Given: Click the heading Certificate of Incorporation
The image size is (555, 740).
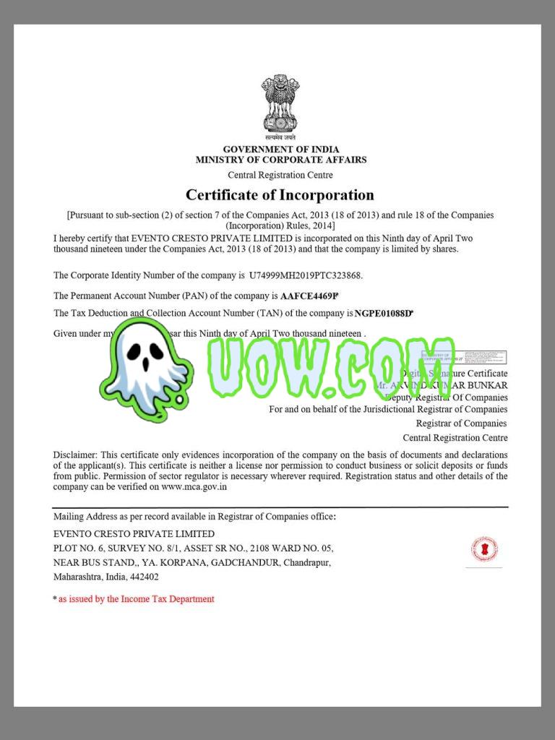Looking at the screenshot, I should pyautogui.click(x=280, y=194).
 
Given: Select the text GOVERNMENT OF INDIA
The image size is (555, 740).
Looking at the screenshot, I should pyautogui.click(x=280, y=150).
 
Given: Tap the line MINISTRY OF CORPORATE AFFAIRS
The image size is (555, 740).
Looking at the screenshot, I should pyautogui.click(x=280, y=160).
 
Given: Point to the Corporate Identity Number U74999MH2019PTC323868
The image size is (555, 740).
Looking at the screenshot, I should pyautogui.click(x=306, y=275).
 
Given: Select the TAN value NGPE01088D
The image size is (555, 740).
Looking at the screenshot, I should pyautogui.click(x=384, y=313).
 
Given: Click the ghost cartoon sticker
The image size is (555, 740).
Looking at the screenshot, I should pyautogui.click(x=148, y=369).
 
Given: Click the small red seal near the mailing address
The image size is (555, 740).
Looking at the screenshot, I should pyautogui.click(x=484, y=549).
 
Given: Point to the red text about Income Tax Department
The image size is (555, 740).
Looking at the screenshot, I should pyautogui.click(x=136, y=599).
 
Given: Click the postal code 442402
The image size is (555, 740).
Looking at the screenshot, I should pyautogui.click(x=144, y=577).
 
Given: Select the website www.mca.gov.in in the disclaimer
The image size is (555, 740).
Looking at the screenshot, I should pyautogui.click(x=194, y=487).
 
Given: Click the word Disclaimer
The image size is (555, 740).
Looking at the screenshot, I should pyautogui.click(x=74, y=455).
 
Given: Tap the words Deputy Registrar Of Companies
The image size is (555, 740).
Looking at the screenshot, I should pyautogui.click(x=448, y=397).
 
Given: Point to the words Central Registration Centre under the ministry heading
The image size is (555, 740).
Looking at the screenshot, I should pyautogui.click(x=280, y=175).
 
